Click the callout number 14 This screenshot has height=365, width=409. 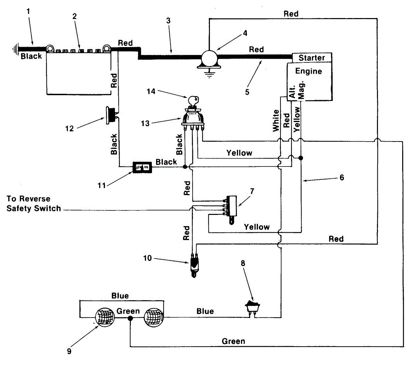click(x=151, y=91)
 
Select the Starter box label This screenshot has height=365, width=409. click(x=312, y=58)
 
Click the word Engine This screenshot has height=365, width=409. click(x=308, y=71)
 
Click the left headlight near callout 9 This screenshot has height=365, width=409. click(x=105, y=317)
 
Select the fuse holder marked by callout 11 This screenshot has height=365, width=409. click(x=142, y=167)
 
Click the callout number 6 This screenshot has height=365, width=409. click(x=342, y=177)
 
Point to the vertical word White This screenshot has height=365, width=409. click(x=276, y=120)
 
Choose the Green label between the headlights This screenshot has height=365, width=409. click(x=128, y=311)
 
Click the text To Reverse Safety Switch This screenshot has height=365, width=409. click(x=33, y=204)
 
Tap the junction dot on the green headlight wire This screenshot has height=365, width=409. click(x=130, y=318)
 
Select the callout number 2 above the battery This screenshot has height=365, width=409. click(x=75, y=16)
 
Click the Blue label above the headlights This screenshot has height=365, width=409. click(x=120, y=296)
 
